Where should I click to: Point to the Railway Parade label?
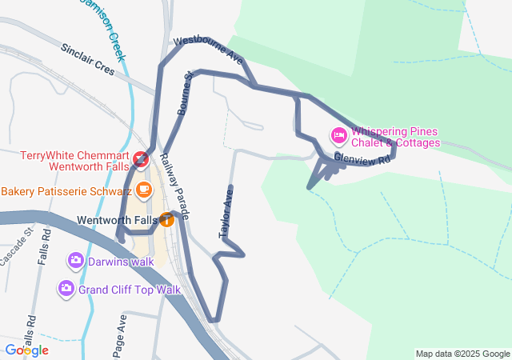(174, 186)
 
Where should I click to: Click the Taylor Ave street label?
(226, 212)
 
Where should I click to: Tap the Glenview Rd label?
(361, 159)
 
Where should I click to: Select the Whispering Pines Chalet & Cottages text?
(396, 137)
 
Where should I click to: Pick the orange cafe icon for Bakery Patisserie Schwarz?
(144, 190)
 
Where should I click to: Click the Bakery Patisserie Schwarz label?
(66, 192)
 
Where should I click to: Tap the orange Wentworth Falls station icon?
(166, 219)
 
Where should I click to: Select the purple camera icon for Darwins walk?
(76, 260)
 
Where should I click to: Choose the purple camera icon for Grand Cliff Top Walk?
(66, 288)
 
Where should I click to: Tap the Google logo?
(26, 350)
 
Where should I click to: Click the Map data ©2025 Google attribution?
(462, 354)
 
